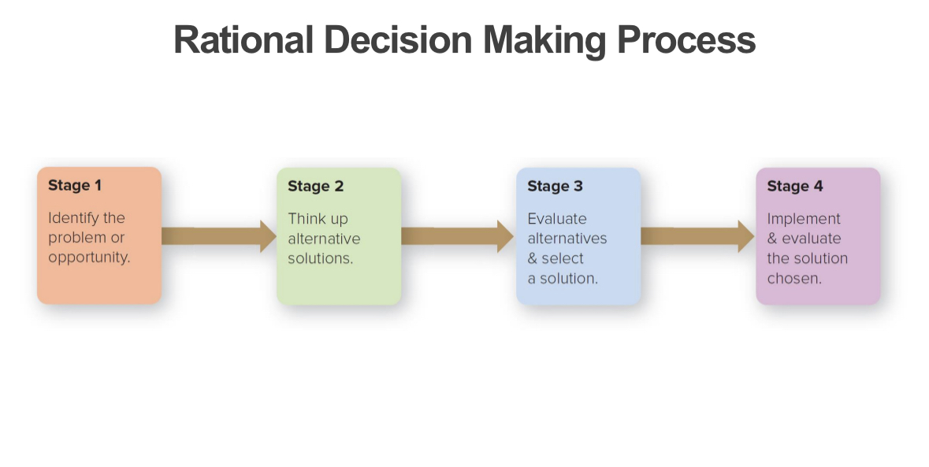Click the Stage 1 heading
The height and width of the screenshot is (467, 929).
pos(75,186)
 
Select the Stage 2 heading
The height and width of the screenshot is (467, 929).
pos(315,187)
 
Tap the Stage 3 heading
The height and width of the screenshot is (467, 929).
pos(555,187)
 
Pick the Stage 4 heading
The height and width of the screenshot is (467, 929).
pos(794,187)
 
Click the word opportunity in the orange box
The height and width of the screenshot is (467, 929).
pos(89,258)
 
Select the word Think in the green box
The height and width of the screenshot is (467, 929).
pos(303,218)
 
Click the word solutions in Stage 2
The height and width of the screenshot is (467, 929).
pos(320,258)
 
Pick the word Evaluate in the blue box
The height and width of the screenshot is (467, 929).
pos(556,218)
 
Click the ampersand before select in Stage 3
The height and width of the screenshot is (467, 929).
pos(532,258)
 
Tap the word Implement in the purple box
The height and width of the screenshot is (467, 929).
pos(804,218)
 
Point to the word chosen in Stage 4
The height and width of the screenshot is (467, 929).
pos(794,278)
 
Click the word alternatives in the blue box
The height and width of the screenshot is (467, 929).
pos(567,239)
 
